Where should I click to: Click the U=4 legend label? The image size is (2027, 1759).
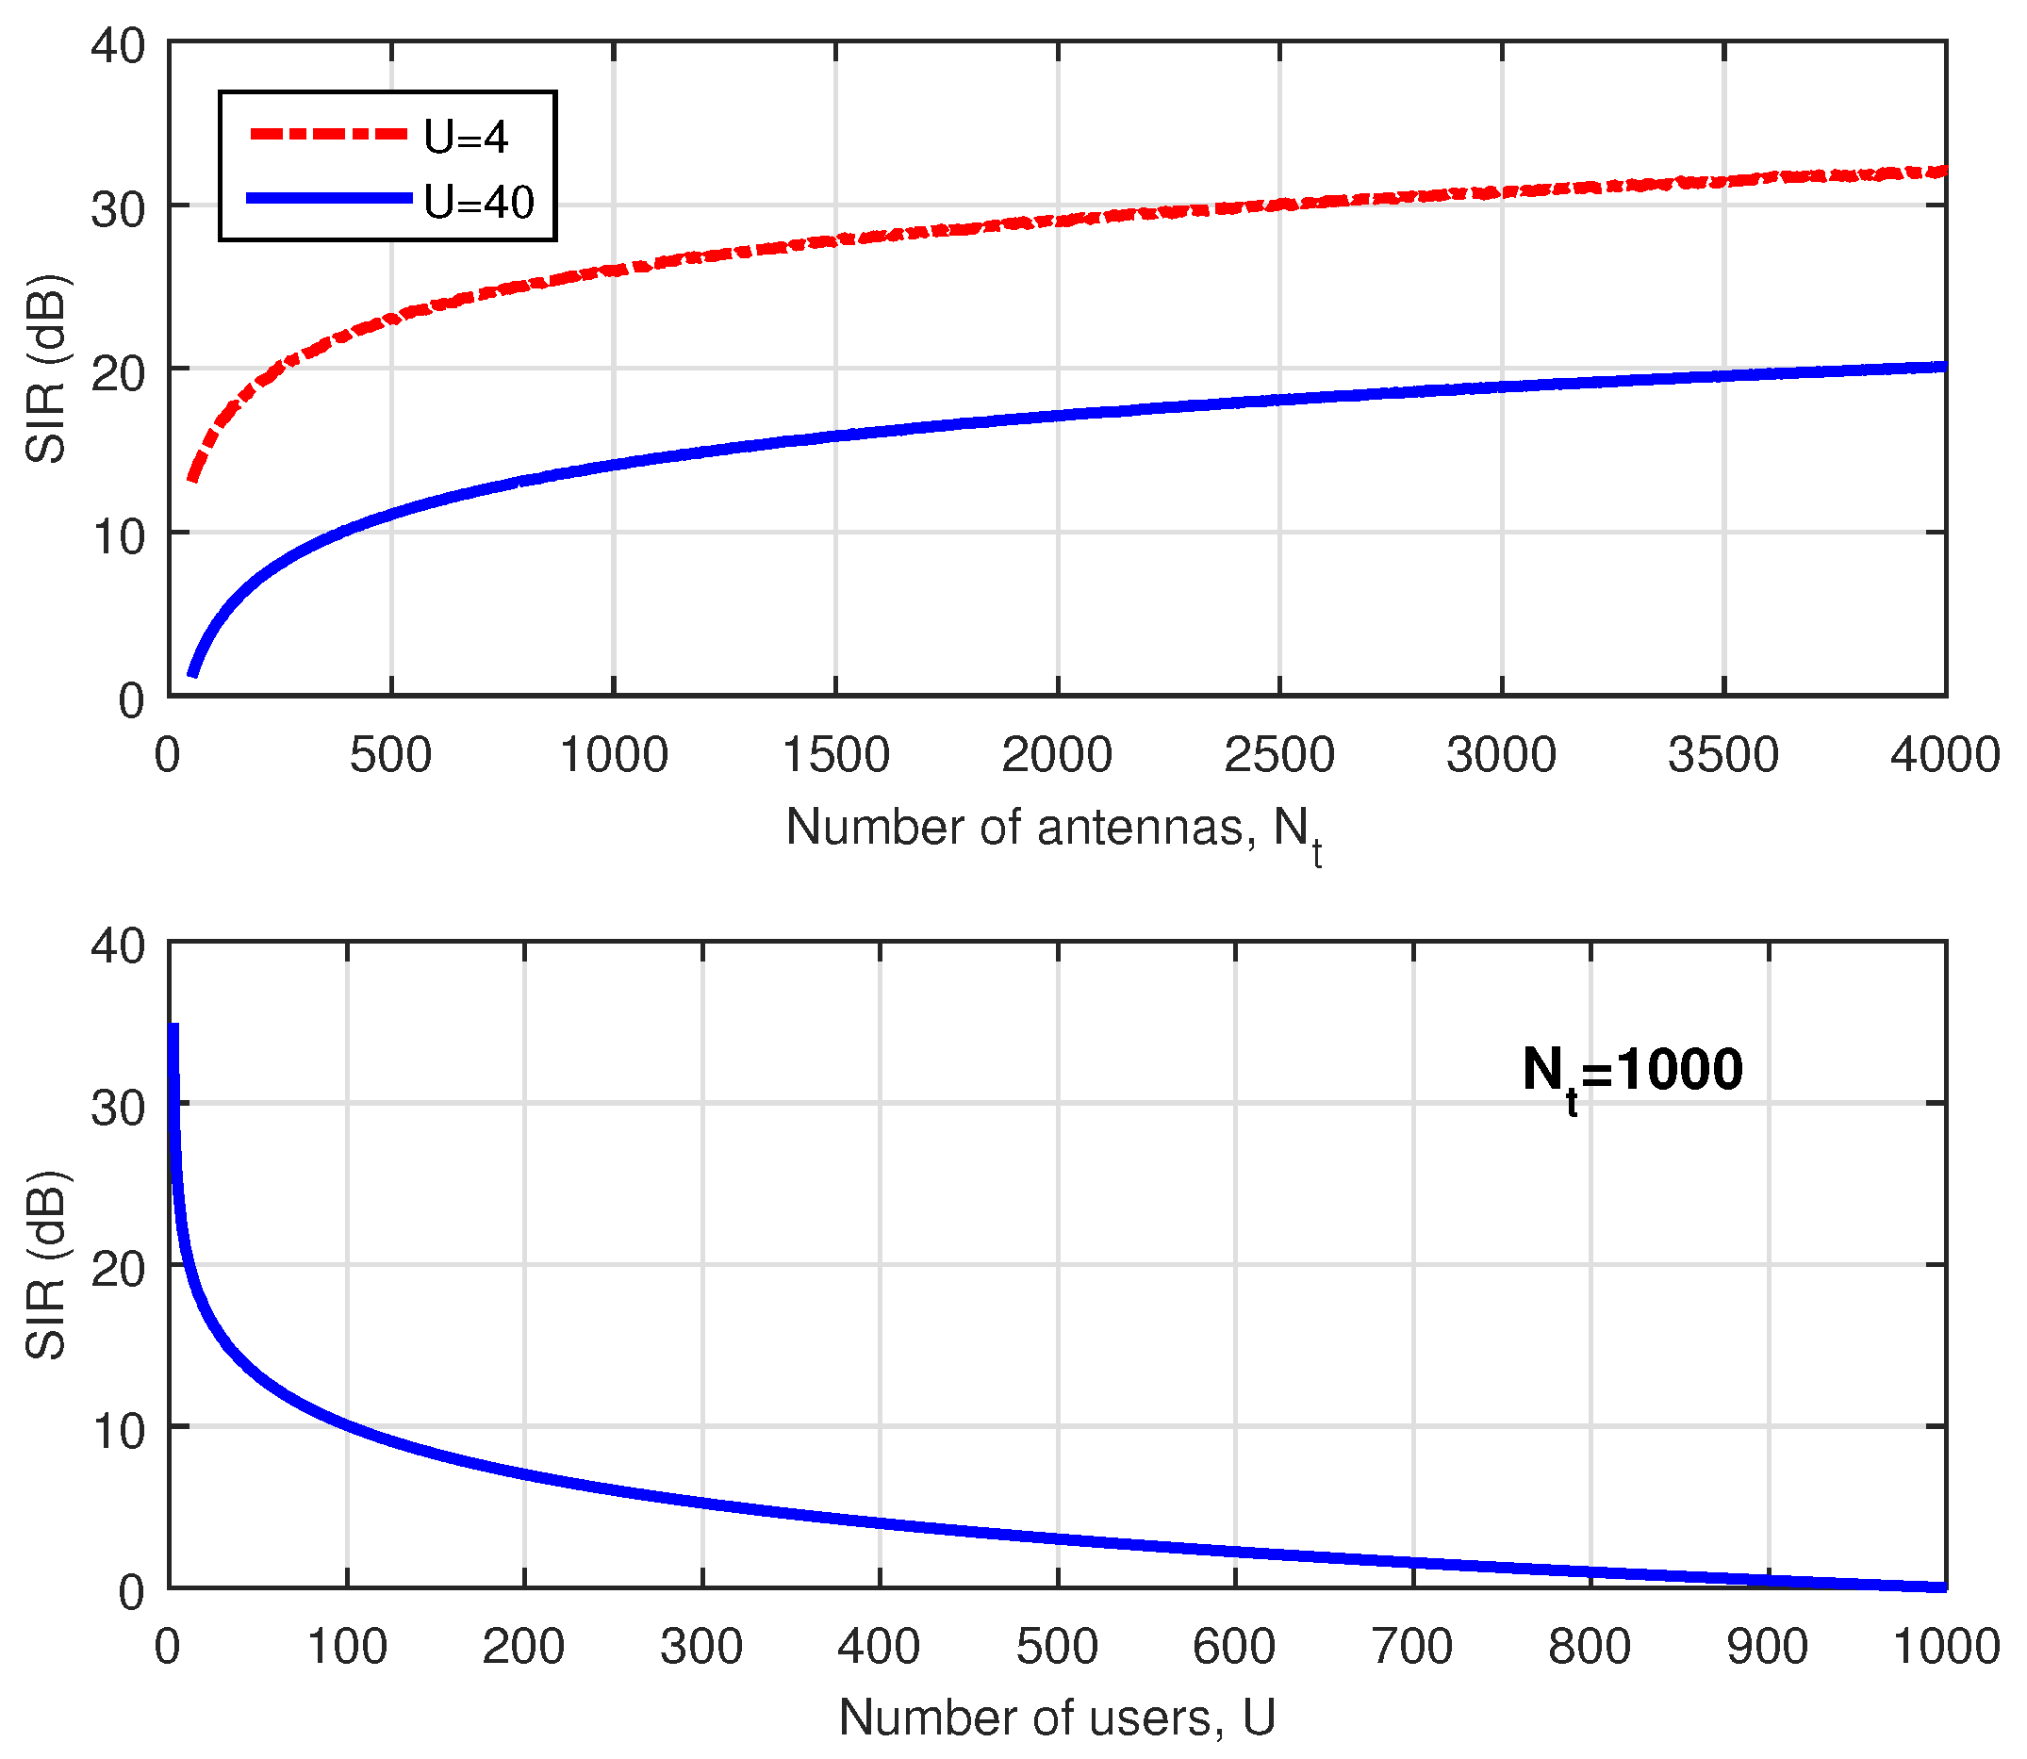click(x=467, y=137)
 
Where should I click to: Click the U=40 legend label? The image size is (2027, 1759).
click(x=479, y=201)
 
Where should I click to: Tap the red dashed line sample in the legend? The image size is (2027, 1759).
click(x=328, y=134)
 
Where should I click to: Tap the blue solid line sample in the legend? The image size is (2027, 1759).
click(x=328, y=198)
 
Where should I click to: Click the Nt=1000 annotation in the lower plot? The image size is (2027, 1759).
click(x=1631, y=1073)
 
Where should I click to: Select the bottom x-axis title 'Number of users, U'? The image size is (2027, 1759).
click(x=1057, y=1718)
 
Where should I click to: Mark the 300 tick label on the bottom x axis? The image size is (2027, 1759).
click(x=700, y=1646)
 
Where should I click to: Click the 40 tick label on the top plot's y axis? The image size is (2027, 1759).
click(x=118, y=46)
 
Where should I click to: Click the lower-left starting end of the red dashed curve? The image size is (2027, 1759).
click(x=192, y=480)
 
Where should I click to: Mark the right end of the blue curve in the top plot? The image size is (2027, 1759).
click(x=1944, y=367)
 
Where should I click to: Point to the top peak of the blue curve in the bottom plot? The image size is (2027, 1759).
click(x=173, y=1027)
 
